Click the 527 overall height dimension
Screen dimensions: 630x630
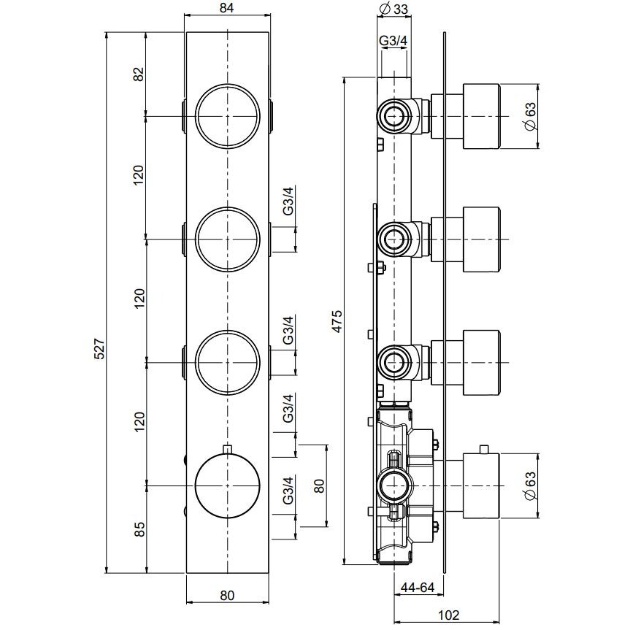pyautogui.click(x=99, y=349)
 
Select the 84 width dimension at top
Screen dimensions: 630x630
pyautogui.click(x=227, y=7)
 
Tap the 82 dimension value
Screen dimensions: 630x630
pyautogui.click(x=139, y=74)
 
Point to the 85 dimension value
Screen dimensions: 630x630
pyautogui.click(x=139, y=529)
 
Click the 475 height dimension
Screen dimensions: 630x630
pyautogui.click(x=337, y=321)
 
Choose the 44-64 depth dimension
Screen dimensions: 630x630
pyautogui.click(x=418, y=588)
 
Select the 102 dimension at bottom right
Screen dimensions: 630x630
pyautogui.click(x=448, y=615)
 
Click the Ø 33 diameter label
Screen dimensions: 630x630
pyautogui.click(x=393, y=9)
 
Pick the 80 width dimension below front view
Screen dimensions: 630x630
pyautogui.click(x=228, y=595)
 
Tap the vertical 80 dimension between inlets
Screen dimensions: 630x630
pyautogui.click(x=319, y=485)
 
